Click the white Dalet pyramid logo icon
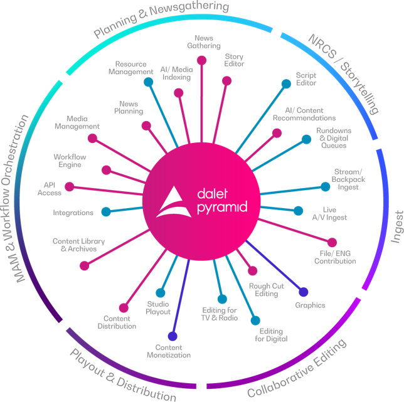174,201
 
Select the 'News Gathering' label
204,41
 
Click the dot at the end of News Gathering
201,60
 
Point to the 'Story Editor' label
234,60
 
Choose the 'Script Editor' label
306,79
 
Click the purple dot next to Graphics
304,292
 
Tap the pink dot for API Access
69,186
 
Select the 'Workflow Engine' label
70,161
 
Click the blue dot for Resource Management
148,82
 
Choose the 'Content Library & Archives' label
78,245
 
